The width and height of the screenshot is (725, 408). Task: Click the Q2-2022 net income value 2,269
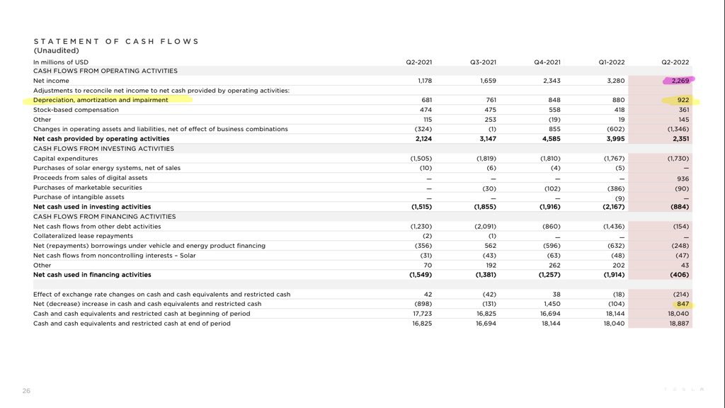[x=680, y=81]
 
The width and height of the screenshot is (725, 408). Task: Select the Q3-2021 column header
[x=483, y=62]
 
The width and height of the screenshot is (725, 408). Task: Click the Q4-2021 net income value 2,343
[x=552, y=81]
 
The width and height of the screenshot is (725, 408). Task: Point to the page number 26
[x=26, y=390]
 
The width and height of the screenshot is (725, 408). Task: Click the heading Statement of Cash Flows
[x=116, y=41]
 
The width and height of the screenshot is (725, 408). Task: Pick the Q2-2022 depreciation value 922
[x=683, y=101]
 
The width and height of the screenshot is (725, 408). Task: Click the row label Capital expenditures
[x=65, y=159]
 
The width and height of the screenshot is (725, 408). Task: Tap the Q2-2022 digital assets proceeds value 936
[x=683, y=178]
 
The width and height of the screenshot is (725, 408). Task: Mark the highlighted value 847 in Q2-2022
[x=683, y=304]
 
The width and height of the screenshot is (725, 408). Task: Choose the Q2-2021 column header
[x=418, y=62]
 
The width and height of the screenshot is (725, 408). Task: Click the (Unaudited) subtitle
[x=56, y=51]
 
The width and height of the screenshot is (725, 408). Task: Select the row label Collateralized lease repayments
[x=83, y=236]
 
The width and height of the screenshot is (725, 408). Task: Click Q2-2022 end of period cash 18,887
[x=678, y=324]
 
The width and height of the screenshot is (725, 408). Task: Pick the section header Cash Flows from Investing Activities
[x=103, y=149]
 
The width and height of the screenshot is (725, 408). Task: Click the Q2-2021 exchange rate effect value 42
[x=427, y=294]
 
